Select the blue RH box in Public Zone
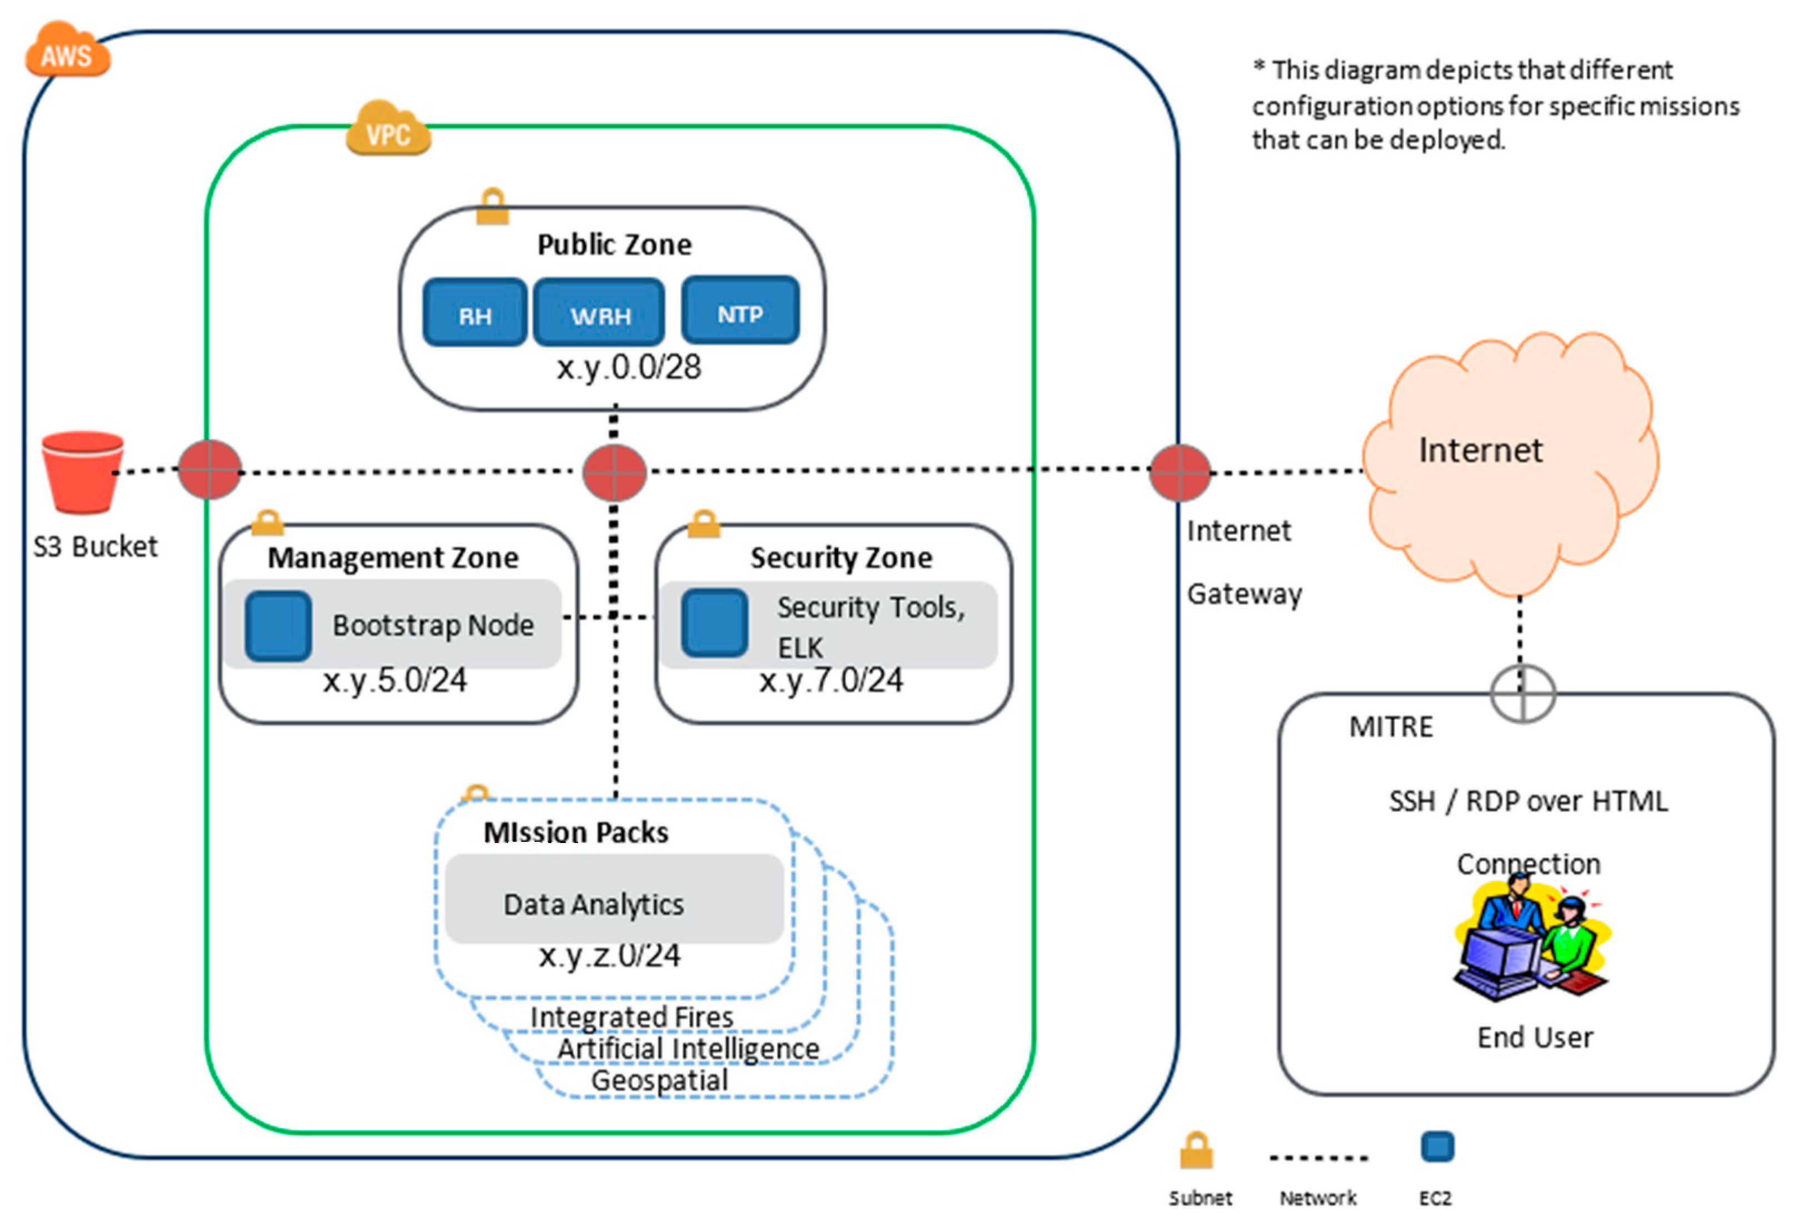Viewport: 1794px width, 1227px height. [x=475, y=313]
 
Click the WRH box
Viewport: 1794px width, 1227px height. [x=599, y=313]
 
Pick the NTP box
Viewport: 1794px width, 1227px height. [x=739, y=311]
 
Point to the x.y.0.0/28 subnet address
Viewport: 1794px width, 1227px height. [x=628, y=367]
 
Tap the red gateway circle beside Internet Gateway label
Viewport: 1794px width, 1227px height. [x=1180, y=472]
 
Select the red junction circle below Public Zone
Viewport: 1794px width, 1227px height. [x=614, y=472]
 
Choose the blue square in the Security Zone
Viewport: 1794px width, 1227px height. [x=714, y=622]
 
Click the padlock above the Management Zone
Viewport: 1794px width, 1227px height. [x=267, y=523]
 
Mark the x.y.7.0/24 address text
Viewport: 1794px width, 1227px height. [x=830, y=680]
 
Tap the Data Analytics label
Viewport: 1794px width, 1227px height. [x=593, y=904]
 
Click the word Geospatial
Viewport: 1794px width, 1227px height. [x=659, y=1080]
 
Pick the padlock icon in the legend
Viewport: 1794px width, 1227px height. [x=1196, y=1150]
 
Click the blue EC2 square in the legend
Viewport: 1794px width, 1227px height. [x=1437, y=1146]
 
